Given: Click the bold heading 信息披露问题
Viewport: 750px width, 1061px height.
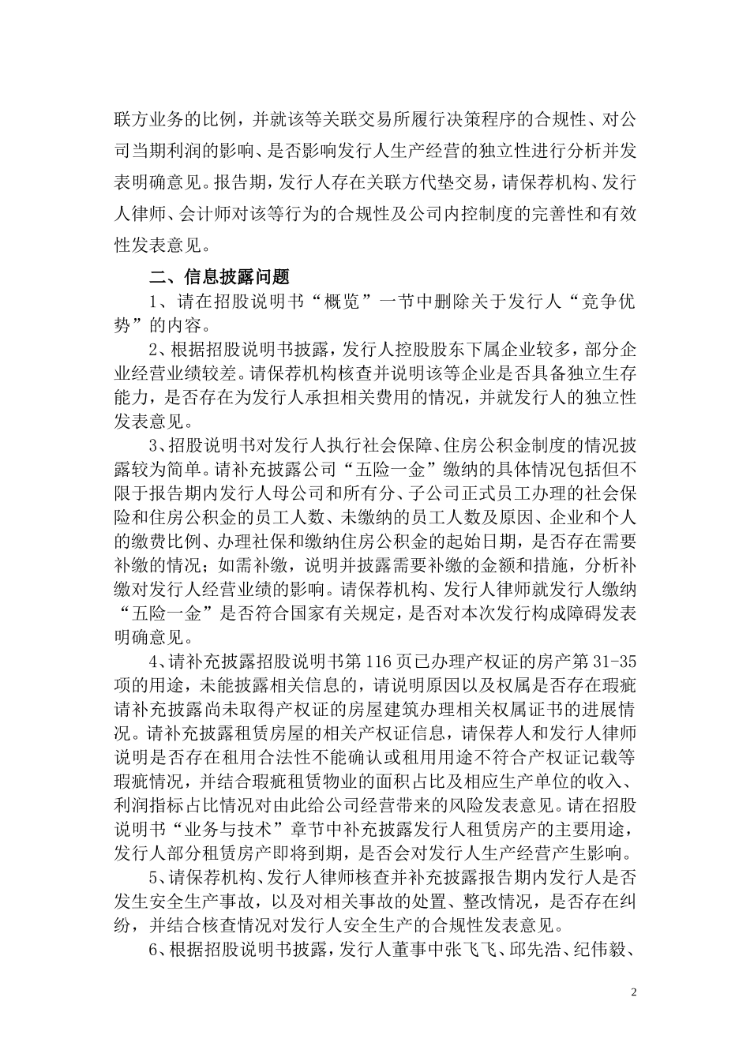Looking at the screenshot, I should point(237,276).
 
